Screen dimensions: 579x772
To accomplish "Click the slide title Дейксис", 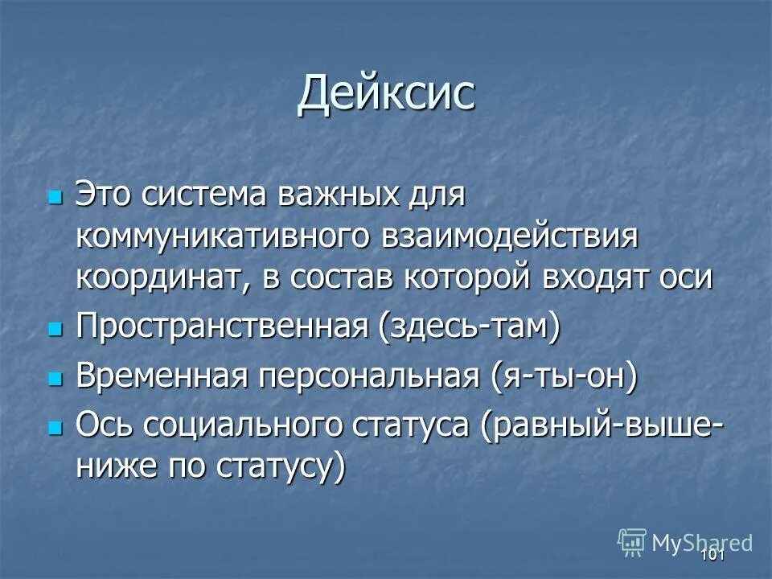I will click(386, 95).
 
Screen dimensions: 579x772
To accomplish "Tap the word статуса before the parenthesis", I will click(409, 426).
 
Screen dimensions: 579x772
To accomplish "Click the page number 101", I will click(712, 556).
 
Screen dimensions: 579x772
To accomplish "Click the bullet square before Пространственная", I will click(55, 330).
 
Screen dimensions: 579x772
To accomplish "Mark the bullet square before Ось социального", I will click(55, 429).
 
